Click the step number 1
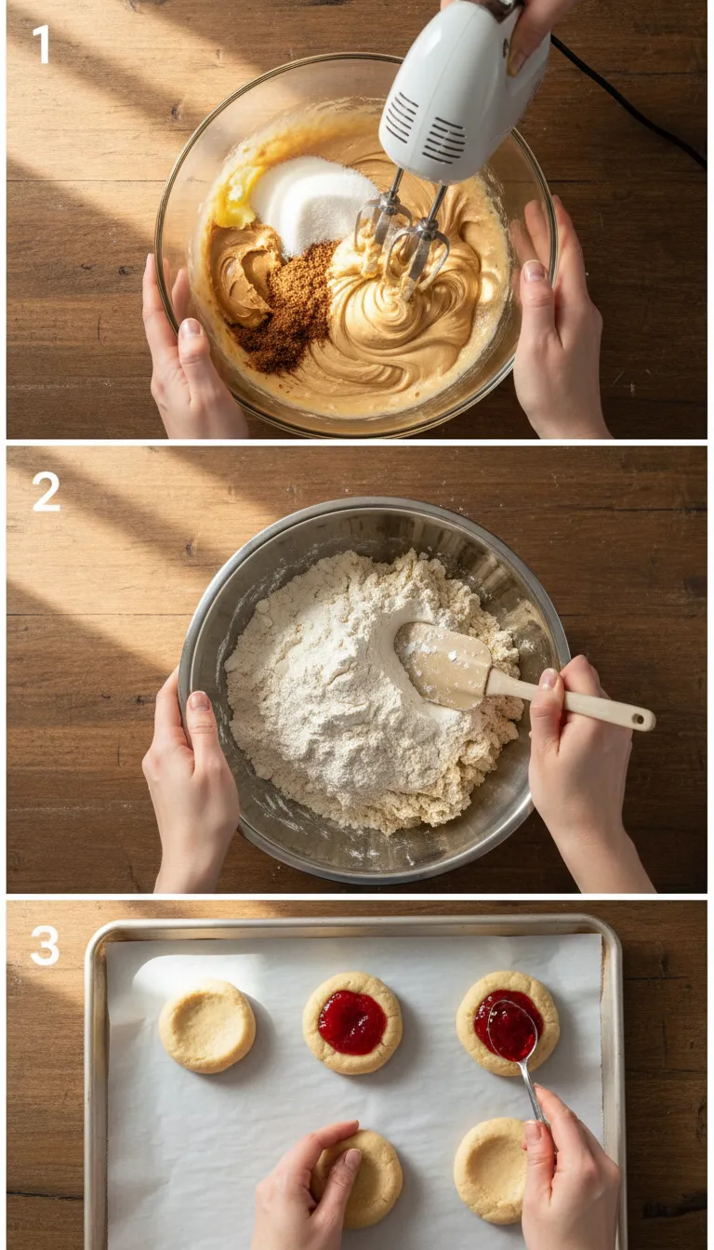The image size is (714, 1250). click(x=41, y=44)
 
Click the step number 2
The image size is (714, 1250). click(x=46, y=492)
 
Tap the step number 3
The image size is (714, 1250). click(x=45, y=946)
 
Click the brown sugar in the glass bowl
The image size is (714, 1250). click(x=288, y=307)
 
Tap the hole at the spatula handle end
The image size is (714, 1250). click(x=639, y=717)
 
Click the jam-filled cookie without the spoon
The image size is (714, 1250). click(x=352, y=1023)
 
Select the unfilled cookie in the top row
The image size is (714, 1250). click(x=206, y=1026)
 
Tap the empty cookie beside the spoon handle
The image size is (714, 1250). click(x=490, y=1170)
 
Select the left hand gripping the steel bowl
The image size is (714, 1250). click(x=191, y=781)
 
